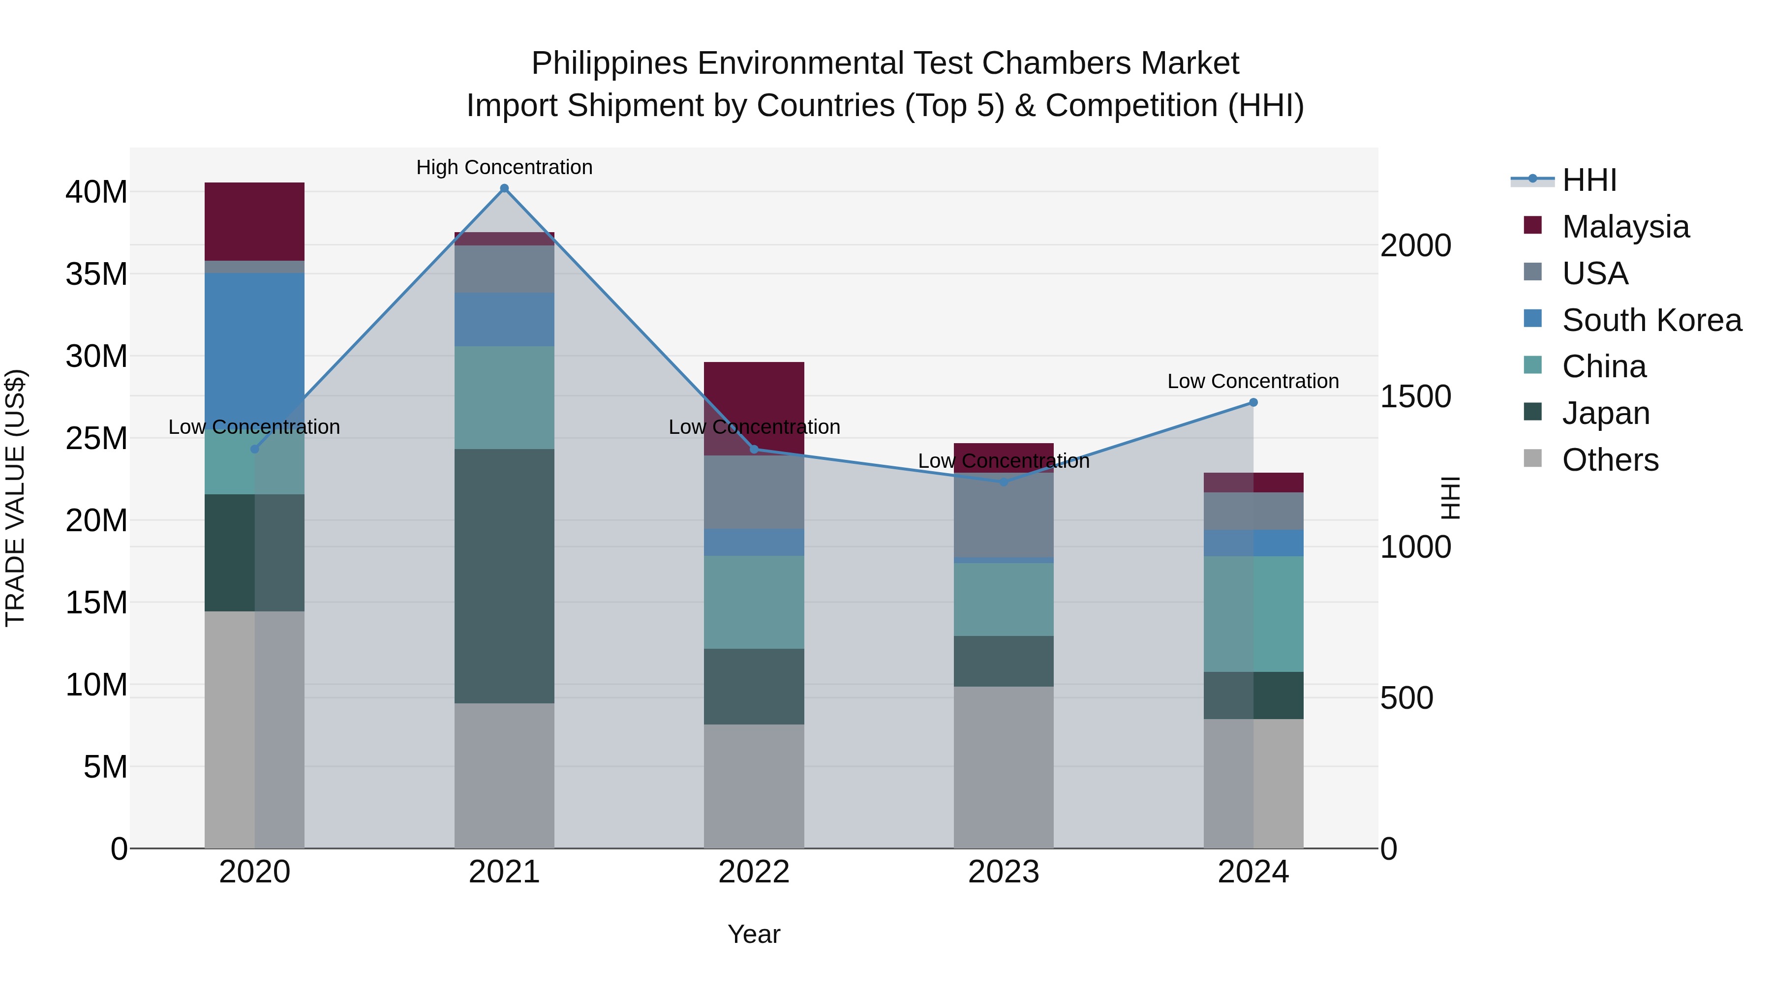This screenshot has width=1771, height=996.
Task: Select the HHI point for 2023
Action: (1004, 483)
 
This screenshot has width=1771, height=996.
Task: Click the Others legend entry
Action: (1610, 460)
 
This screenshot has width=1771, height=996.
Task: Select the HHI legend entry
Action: (1589, 180)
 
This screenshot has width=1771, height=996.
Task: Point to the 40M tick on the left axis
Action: (96, 192)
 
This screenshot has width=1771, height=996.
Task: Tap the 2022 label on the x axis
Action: (754, 872)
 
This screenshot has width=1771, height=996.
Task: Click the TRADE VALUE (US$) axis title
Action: (15, 498)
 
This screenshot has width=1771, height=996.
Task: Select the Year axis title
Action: (754, 934)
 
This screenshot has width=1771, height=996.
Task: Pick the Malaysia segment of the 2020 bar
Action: (254, 221)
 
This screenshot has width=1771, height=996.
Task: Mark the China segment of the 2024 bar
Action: (1253, 614)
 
